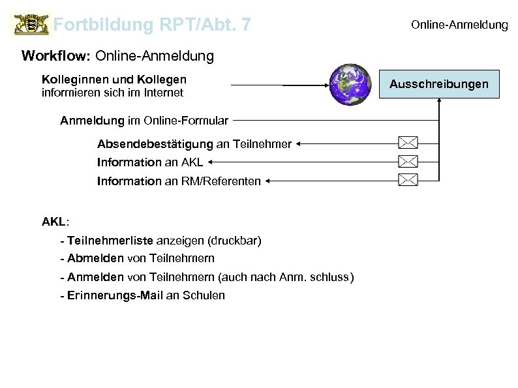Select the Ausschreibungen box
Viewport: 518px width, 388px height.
pyautogui.click(x=438, y=85)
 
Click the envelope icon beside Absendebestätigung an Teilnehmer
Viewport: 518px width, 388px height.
pyautogui.click(x=408, y=142)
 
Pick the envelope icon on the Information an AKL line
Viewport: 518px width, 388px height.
pyautogui.click(x=408, y=160)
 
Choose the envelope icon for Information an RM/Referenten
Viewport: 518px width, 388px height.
pyautogui.click(x=408, y=179)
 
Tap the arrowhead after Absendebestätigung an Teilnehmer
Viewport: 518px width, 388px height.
pyautogui.click(x=297, y=142)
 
